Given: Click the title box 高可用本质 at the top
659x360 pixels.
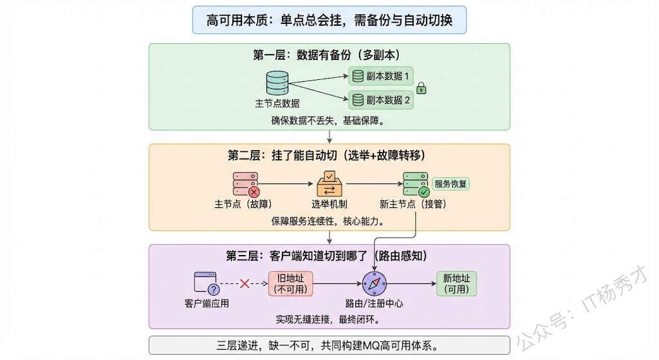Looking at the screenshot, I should [329, 20].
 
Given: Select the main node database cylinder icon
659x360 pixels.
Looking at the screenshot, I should [277, 84].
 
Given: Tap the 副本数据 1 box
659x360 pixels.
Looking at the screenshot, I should [381, 76].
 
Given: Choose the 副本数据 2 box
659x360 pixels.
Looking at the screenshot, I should [381, 100].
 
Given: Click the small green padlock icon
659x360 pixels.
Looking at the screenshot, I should [422, 88].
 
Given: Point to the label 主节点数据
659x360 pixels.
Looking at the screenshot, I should [277, 104].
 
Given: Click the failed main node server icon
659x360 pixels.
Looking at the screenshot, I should [245, 184].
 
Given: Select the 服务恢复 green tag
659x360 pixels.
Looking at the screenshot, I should [451, 184].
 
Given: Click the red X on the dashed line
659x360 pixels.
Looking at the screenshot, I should [245, 283].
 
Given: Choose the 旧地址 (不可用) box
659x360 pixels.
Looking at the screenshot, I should [290, 283].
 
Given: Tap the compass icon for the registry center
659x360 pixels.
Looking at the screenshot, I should [374, 283].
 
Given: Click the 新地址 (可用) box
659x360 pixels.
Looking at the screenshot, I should [456, 283].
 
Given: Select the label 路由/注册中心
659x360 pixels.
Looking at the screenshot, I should [374, 303].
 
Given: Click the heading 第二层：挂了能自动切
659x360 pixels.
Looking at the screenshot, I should [329, 155].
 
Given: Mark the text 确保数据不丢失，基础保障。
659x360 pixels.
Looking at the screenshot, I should [329, 120].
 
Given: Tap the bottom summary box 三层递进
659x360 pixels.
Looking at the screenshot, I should [329, 345].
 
